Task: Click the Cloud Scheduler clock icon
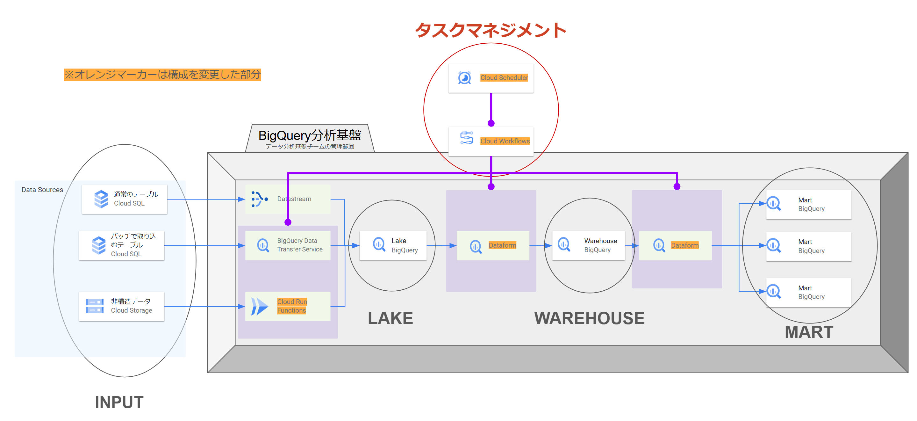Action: click(464, 78)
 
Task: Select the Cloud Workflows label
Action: click(505, 141)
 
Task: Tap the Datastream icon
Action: click(260, 199)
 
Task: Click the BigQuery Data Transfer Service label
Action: click(300, 245)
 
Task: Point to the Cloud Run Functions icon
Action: click(260, 306)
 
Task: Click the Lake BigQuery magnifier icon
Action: click(379, 245)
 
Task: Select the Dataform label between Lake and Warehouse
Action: click(502, 245)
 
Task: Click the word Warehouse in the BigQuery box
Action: click(600, 241)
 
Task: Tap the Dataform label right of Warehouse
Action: click(684, 245)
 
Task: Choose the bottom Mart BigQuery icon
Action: click(774, 292)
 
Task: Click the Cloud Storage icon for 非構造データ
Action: click(95, 306)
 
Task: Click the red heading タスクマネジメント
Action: click(491, 30)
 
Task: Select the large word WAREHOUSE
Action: click(590, 318)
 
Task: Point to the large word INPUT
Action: click(119, 402)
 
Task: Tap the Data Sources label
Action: click(42, 190)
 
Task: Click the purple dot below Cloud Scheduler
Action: click(491, 123)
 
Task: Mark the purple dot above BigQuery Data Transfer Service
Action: click(288, 222)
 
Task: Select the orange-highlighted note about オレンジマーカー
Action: click(162, 75)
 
